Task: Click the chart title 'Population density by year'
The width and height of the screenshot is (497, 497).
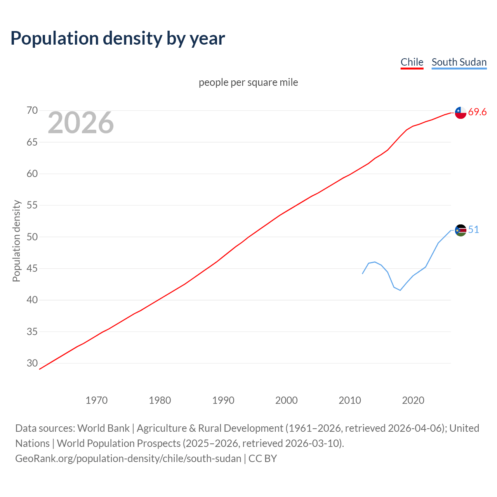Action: (x=118, y=38)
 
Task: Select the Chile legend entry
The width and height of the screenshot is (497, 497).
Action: (x=412, y=62)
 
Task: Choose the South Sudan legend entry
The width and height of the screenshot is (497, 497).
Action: (x=459, y=62)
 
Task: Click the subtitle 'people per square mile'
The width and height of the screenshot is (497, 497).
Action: (x=248, y=82)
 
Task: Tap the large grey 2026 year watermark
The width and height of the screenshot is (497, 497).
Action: (x=81, y=123)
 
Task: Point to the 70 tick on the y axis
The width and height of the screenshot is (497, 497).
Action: (x=32, y=111)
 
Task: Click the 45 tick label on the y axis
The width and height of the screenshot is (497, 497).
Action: (x=32, y=268)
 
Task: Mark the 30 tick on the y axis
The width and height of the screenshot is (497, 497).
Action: (x=32, y=363)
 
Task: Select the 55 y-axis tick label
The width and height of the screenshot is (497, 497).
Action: (x=32, y=205)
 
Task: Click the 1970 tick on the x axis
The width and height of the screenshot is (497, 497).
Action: (x=96, y=400)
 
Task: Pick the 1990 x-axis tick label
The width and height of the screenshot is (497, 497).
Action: (x=223, y=400)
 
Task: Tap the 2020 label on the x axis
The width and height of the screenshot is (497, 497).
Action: (x=413, y=400)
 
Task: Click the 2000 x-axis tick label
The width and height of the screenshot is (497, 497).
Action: (x=286, y=400)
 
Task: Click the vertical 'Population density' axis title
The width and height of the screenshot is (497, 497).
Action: (x=16, y=241)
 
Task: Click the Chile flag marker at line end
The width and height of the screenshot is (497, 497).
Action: (x=461, y=113)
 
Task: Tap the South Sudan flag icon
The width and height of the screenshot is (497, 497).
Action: (x=461, y=230)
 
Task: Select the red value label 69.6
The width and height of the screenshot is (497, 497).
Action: (x=477, y=112)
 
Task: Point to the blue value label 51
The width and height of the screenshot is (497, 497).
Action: (x=473, y=230)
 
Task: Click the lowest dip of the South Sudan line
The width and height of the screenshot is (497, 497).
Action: (x=400, y=290)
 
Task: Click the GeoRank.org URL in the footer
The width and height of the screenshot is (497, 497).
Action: (x=128, y=459)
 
